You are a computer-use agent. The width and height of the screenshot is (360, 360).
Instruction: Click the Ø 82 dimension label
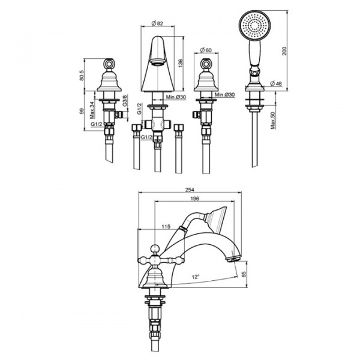point(157,23)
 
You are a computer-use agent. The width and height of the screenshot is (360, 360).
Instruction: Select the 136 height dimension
point(181,64)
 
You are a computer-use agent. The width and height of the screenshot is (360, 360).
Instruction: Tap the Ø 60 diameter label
point(206,50)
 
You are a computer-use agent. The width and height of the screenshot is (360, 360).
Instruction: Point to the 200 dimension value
point(284,51)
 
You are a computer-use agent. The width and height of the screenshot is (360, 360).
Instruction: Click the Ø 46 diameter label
point(276,83)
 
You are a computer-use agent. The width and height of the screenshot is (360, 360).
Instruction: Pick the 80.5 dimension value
point(82,75)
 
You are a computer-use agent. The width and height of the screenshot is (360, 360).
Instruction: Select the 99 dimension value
point(82,112)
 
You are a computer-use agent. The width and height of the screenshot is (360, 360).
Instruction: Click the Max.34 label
point(92,110)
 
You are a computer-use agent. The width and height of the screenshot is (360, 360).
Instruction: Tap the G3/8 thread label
point(125,100)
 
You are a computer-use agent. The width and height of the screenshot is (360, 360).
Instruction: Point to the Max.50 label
point(273,121)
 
